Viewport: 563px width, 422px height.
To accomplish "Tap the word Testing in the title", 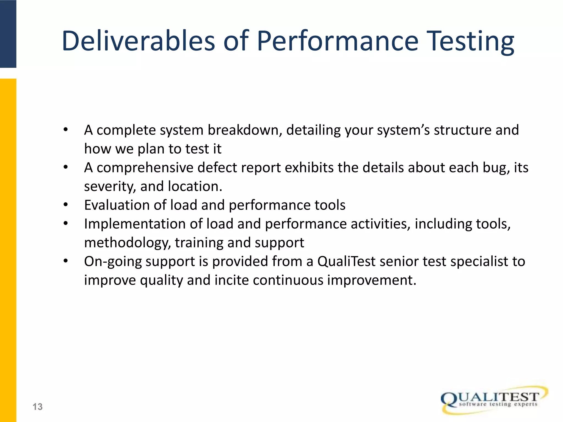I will [x=471, y=41].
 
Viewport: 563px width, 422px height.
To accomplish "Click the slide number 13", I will [x=38, y=407].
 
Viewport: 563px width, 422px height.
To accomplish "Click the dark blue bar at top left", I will [x=8, y=34].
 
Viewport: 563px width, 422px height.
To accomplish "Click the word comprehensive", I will [x=145, y=168].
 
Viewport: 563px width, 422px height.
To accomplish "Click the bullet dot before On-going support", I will [x=65, y=261].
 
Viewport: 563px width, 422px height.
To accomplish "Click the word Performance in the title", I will [x=338, y=41].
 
